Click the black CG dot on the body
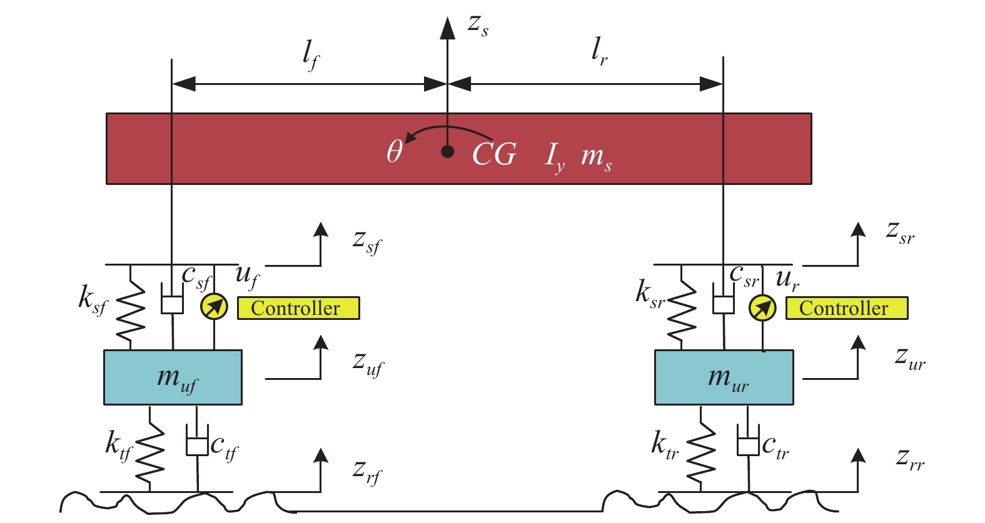(447, 151)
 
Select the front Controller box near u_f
(298, 308)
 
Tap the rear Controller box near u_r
(846, 309)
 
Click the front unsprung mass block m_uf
(173, 377)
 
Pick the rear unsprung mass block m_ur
(724, 377)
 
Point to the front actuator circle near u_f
(214, 307)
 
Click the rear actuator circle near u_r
(762, 307)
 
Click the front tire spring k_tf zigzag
(150, 449)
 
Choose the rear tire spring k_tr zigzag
(700, 449)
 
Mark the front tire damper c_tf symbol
(197, 446)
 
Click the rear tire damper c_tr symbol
(748, 446)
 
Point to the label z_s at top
(478, 26)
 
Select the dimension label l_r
(599, 51)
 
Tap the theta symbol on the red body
(394, 152)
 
